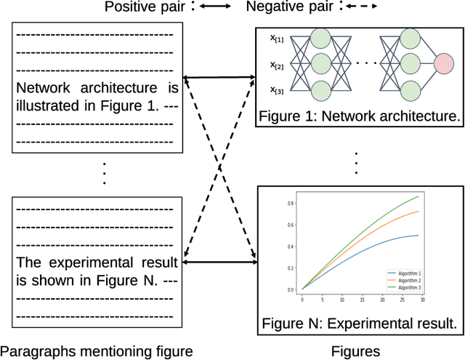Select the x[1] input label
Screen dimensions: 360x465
click(279, 38)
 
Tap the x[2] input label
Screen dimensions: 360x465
click(279, 65)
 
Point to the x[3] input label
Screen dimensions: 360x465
click(279, 90)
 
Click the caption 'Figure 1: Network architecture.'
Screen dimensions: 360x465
click(360, 115)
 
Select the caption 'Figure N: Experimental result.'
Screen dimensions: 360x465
click(360, 323)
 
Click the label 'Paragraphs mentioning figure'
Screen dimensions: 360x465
click(97, 351)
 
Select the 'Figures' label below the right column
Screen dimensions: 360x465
click(355, 351)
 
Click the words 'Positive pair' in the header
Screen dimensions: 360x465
click(145, 8)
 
